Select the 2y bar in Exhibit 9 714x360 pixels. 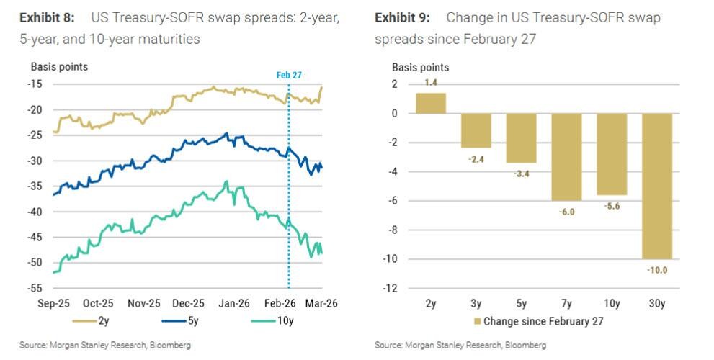431,103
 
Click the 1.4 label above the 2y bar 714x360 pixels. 431,84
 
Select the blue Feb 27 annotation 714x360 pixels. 290,75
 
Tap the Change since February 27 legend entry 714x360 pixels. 536,321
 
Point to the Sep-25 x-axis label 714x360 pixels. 54,304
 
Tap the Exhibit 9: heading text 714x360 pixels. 402,17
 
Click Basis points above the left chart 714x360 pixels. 59,67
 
